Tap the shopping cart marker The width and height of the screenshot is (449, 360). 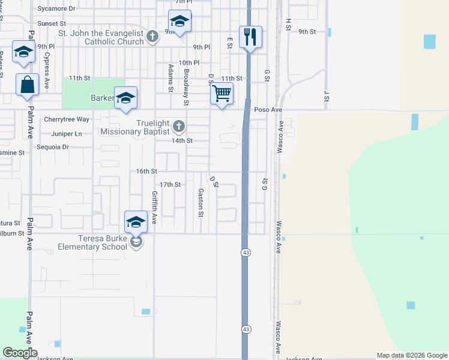click(x=222, y=94)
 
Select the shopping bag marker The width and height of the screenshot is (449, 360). click(x=28, y=85)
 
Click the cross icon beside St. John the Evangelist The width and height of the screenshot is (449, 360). click(x=152, y=37)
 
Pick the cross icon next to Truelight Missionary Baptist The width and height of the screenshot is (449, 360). click(x=178, y=127)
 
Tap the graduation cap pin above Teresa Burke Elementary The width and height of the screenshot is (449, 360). click(x=136, y=222)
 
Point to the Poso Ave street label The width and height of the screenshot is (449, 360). click(x=268, y=110)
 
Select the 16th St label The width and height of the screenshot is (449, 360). click(x=146, y=171)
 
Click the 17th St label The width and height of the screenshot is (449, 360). click(x=170, y=184)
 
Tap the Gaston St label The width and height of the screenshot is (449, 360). click(x=201, y=202)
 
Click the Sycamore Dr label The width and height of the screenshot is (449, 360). click(x=56, y=9)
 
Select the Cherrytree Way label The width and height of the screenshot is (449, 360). click(x=67, y=119)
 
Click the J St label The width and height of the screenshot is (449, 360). click(x=327, y=95)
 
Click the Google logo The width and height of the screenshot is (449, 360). click(x=20, y=353)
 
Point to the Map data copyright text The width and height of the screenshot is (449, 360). click(x=411, y=355)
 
